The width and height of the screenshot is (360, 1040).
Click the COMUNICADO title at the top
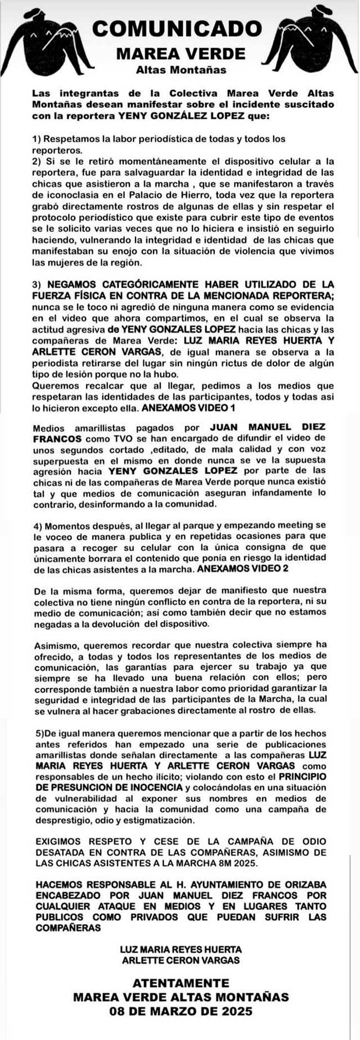click(177, 29)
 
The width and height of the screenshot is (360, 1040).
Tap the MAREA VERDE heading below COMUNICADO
click(181, 53)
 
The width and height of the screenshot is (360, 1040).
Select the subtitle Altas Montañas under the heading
click(181, 70)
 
